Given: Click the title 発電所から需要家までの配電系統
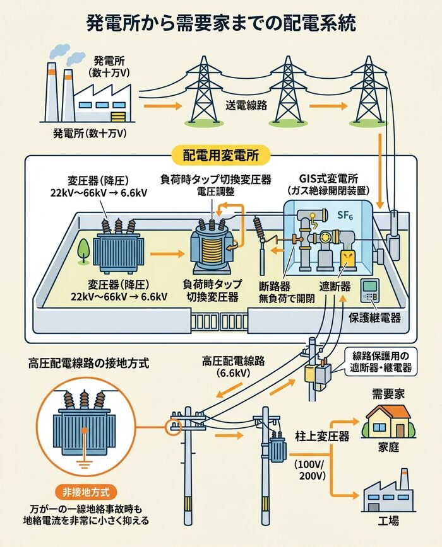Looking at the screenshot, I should coord(221,24).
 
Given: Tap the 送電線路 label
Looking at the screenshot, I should coord(246,105).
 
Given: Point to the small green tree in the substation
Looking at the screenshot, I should coord(83,250).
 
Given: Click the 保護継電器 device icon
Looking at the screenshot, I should coord(370,291).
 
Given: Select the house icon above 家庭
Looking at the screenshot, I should coord(388,422).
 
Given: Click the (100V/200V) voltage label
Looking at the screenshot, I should coord(310,470).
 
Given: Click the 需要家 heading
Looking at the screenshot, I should coord(387,393).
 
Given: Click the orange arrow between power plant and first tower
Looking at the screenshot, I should coord(158,105).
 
